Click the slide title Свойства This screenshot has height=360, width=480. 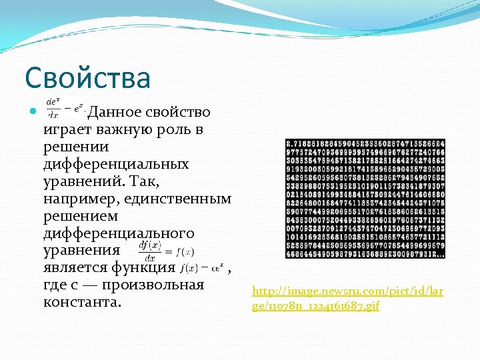(88, 78)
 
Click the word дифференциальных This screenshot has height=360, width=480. (115, 163)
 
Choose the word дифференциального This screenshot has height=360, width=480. (118, 233)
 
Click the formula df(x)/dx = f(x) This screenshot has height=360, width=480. (166, 250)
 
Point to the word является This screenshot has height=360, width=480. (73, 268)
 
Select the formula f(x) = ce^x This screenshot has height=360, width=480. (202, 268)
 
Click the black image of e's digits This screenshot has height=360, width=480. (365, 198)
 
